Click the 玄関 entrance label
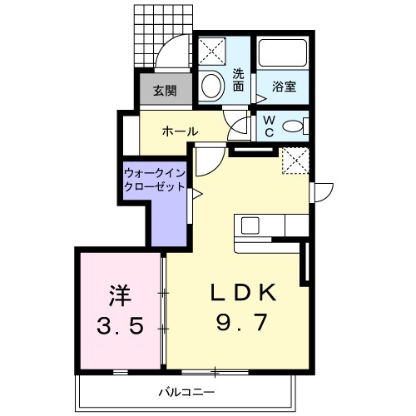pos(166,91)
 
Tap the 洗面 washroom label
pos(238,80)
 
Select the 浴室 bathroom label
pos(284,87)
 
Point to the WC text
pos(269,126)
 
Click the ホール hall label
pos(181,131)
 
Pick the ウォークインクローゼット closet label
pos(155,180)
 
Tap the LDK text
pos(244,293)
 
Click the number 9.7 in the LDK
pos(242,322)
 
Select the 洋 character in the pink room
pos(120,295)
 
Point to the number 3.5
pos(121,325)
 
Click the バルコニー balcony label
pos(186,392)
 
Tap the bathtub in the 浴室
pos(283,52)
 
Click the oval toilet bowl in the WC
pos(293,126)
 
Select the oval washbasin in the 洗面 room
pos(212,85)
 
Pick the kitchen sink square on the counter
pos(250,225)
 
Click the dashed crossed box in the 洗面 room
pos(212,52)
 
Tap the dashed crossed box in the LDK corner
pos(295,161)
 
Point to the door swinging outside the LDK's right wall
pos(322,192)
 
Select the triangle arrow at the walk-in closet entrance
pos(197,194)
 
